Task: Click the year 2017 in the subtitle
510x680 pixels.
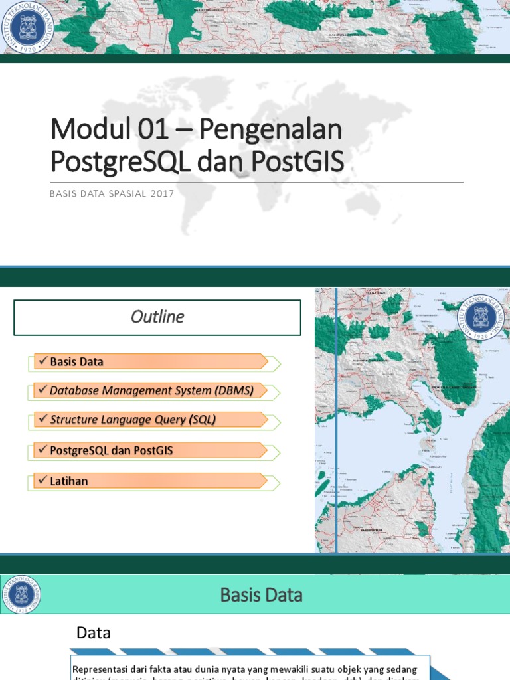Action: [162, 193]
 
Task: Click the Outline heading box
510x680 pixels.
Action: [157, 317]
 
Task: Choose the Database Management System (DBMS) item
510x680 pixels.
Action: [151, 390]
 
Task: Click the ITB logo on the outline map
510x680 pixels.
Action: [480, 317]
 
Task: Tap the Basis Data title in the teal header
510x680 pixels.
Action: [261, 594]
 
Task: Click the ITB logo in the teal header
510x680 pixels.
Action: [21, 594]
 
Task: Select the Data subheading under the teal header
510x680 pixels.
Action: [93, 633]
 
